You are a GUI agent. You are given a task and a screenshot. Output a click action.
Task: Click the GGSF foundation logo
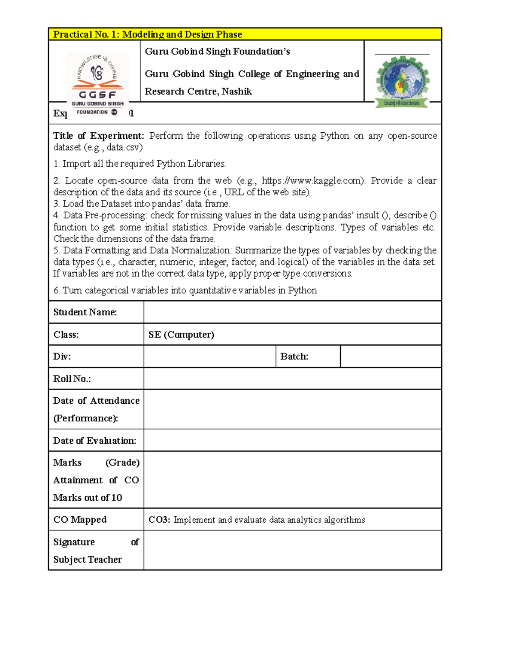tap(98, 84)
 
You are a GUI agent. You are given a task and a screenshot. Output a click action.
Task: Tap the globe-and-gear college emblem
tap(402, 82)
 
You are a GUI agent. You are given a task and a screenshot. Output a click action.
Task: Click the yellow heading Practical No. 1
tap(147, 34)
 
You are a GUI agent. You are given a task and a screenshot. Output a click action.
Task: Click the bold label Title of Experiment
tap(98, 136)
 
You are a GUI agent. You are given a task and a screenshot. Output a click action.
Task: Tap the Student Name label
tap(85, 312)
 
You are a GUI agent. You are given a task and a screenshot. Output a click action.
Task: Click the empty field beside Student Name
tap(292, 312)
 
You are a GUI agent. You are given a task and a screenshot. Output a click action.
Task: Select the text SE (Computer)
tap(181, 335)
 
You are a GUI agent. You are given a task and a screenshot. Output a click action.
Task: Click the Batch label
tap(294, 356)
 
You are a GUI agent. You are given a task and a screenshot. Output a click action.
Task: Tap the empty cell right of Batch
tap(391, 356)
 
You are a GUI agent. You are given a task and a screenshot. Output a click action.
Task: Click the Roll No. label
tap(72, 379)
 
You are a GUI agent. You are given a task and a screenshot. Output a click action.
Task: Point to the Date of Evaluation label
tap(94, 441)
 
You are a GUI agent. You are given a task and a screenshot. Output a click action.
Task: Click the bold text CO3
tap(159, 520)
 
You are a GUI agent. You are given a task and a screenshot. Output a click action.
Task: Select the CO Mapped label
tap(80, 520)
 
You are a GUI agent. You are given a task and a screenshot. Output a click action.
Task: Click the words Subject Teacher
tap(88, 560)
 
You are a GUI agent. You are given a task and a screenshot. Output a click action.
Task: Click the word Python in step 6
tap(302, 290)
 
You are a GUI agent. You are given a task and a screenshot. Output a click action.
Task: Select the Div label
tap(62, 356)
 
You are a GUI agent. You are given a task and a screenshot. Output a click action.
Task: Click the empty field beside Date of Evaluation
tap(292, 441)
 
